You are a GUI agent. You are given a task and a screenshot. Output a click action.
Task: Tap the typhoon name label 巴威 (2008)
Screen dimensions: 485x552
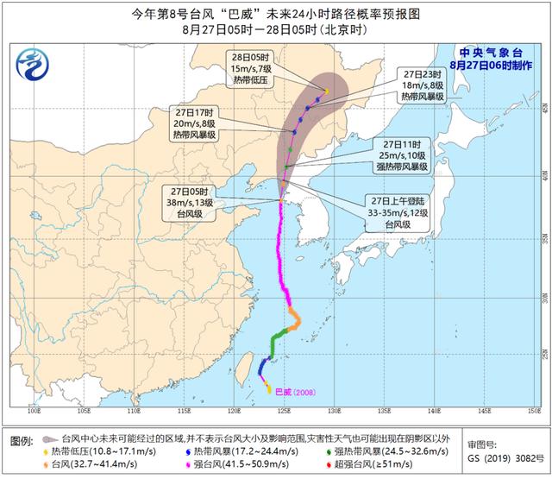click(x=300, y=392)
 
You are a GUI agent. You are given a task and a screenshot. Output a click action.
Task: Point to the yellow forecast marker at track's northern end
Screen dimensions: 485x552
click(x=327, y=91)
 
